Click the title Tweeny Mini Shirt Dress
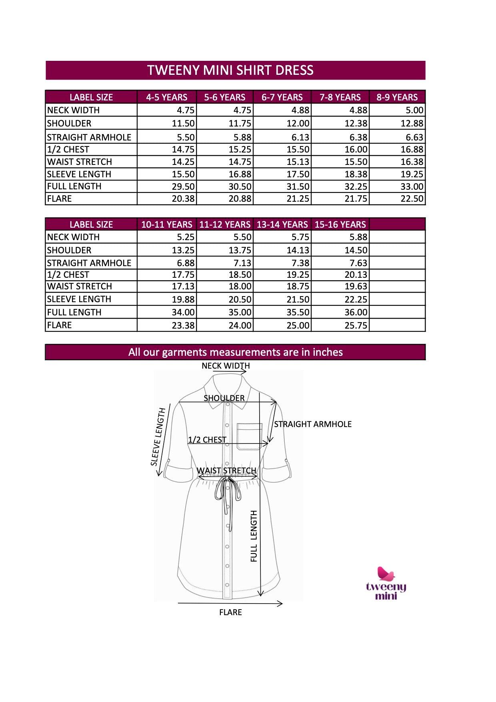[230, 70]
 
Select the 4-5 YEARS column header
[167, 97]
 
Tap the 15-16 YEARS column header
[340, 225]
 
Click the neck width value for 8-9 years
[414, 110]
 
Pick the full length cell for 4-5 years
[183, 187]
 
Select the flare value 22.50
[412, 199]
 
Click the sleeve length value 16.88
[240, 174]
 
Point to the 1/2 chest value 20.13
[356, 275]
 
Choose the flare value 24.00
[240, 325]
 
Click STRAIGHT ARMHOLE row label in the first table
[89, 137]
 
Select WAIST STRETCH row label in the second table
[80, 287]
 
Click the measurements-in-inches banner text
[235, 352]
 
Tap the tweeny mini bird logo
[386, 575]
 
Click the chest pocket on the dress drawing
[250, 436]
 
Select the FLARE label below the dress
[230, 612]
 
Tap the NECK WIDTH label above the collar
[226, 366]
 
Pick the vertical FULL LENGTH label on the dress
[254, 536]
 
